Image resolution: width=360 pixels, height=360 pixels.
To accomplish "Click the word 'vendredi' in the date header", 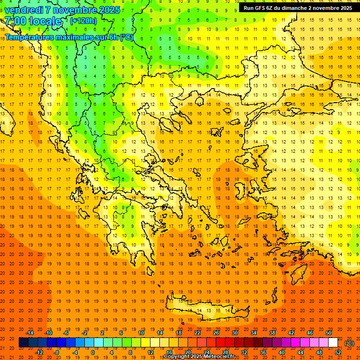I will [x=23, y=10].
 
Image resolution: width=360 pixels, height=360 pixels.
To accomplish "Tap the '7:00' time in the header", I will [x=13, y=21].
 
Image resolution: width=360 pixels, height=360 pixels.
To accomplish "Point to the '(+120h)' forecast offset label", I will [x=83, y=21].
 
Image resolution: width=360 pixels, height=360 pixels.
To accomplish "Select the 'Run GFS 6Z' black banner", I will [x=297, y=8].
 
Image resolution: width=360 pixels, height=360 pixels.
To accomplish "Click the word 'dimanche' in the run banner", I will [x=293, y=8].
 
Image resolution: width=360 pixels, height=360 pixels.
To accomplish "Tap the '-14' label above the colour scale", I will [x=29, y=333].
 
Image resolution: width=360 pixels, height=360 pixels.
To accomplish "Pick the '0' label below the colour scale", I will [x=93, y=352].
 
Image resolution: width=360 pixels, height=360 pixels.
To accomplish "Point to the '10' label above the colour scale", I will [x=141, y=333].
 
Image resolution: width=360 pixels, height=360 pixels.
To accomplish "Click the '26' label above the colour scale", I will [x=216, y=333].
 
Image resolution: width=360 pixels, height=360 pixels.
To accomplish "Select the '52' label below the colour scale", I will [x=338, y=352].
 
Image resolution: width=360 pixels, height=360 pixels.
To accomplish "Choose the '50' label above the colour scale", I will [x=329, y=333].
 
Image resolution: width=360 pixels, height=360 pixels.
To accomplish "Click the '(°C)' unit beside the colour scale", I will [x=349, y=343].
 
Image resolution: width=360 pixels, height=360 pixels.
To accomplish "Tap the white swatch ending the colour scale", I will [x=333, y=343].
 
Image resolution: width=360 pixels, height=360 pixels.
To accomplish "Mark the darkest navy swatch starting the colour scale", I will [x=23, y=343].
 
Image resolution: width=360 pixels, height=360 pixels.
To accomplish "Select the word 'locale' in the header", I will [x=45, y=21].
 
